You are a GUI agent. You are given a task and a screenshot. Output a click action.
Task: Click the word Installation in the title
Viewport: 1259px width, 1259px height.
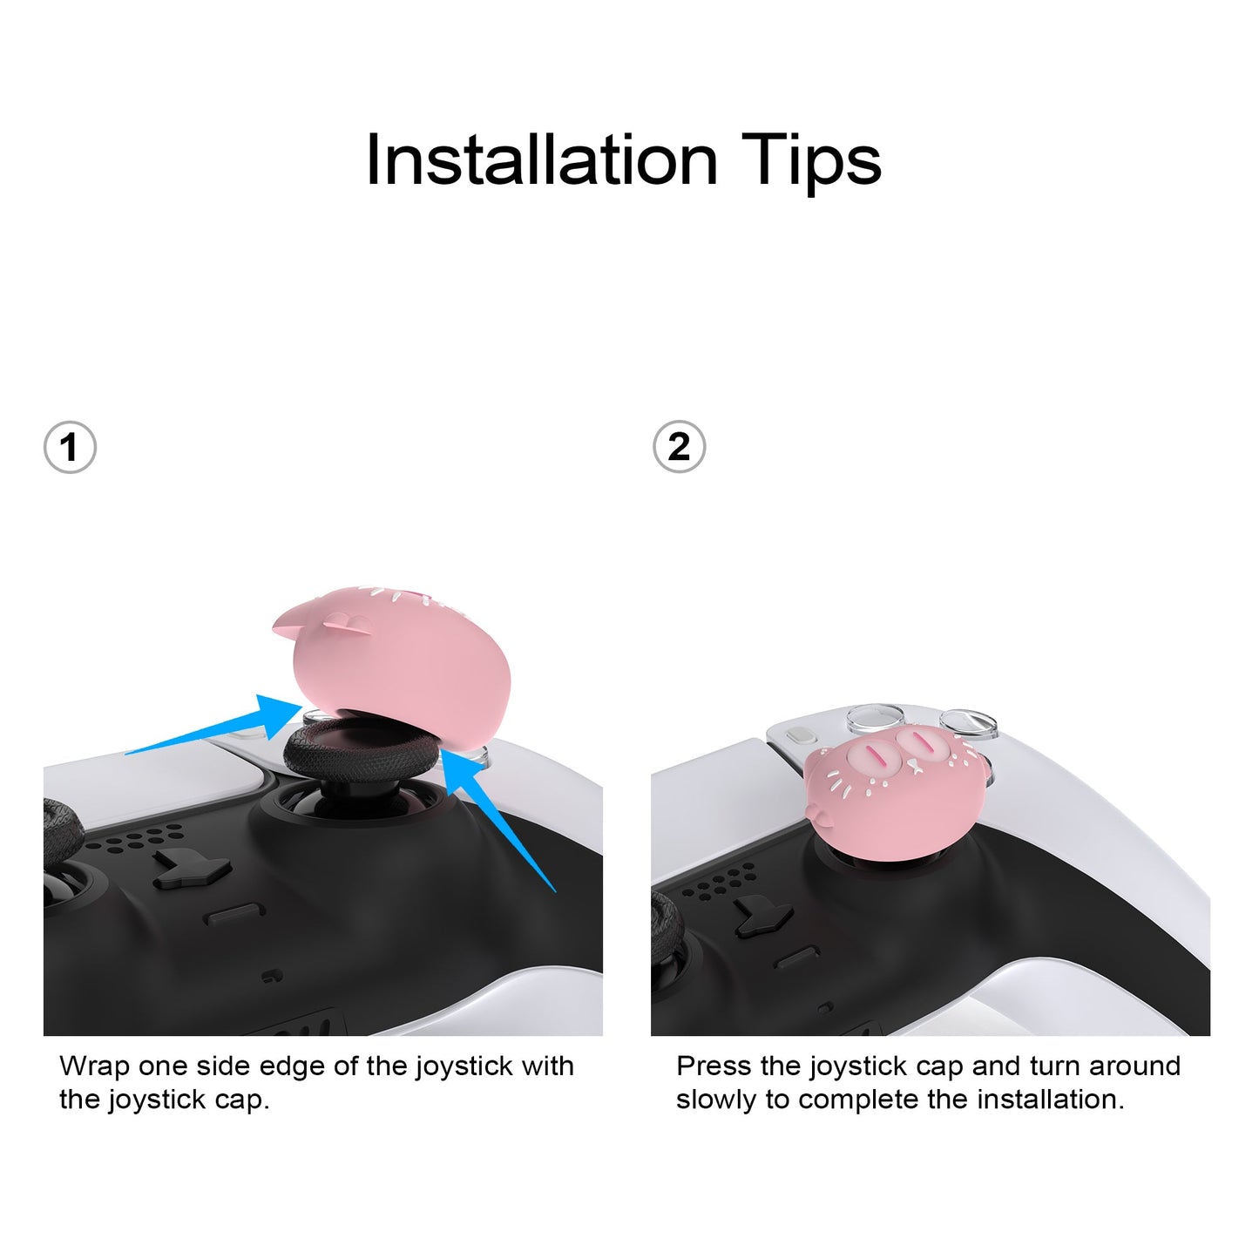coord(542,160)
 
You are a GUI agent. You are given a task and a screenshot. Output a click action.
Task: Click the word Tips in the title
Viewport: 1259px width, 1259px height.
coord(811,163)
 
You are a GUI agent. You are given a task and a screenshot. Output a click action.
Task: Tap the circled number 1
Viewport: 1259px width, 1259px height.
coord(70,448)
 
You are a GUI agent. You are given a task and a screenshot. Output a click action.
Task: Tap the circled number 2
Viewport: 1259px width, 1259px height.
coord(680,447)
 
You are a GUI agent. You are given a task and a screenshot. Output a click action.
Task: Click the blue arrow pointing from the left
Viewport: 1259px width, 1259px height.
coord(215,728)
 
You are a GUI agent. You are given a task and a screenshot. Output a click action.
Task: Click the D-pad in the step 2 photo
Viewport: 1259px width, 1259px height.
coord(764,916)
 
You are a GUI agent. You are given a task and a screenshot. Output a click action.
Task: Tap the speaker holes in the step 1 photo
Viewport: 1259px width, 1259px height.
coord(134,838)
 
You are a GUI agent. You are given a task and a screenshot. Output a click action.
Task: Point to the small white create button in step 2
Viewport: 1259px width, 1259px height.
coord(800,735)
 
